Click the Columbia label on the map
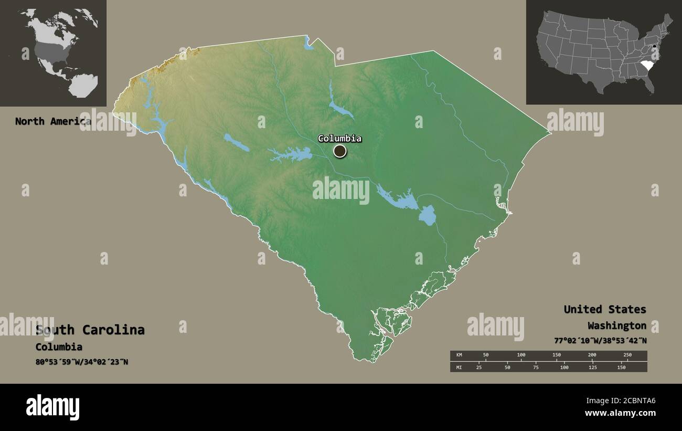[339, 139]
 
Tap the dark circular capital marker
[340, 151]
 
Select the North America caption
[52, 121]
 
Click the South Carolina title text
[90, 330]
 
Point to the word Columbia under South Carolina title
[59, 346]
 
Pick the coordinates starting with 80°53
[82, 362]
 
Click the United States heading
[605, 309]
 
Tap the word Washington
[617, 325]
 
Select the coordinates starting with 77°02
[600, 340]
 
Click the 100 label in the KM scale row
[521, 355]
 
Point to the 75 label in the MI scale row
[536, 367]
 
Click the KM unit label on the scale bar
[459, 355]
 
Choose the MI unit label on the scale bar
[459, 367]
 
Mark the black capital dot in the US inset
[655, 48]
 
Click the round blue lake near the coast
[427, 215]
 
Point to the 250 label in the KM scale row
[627, 355]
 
